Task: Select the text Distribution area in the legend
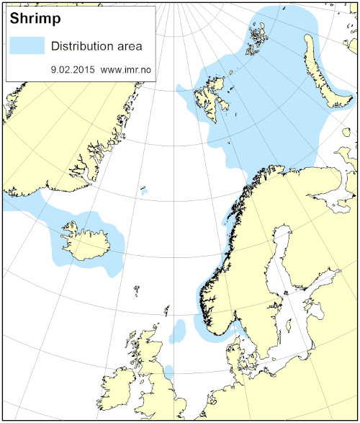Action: (x=96, y=46)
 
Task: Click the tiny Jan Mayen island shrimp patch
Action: (x=144, y=192)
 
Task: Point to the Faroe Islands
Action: (x=136, y=290)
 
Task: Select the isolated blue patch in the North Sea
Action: (x=177, y=331)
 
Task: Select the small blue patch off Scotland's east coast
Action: (x=168, y=370)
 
